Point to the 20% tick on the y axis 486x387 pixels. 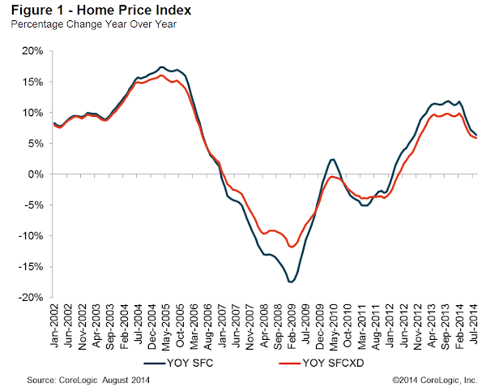click(x=32, y=51)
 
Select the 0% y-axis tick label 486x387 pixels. click(x=35, y=174)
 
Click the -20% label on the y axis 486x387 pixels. click(x=30, y=298)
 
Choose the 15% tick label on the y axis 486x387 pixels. click(x=32, y=82)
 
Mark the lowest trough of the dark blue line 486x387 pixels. click(x=291, y=282)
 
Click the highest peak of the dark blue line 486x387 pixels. click(x=163, y=67)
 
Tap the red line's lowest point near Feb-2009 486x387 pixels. click(x=291, y=247)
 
